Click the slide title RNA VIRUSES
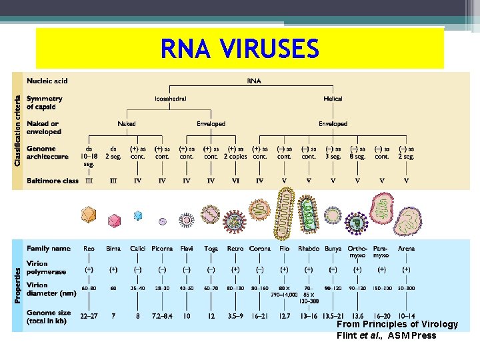240,49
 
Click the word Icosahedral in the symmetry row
171,99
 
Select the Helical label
333,99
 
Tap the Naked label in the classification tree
127,123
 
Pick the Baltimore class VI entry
235,180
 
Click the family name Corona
260,249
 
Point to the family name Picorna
162,249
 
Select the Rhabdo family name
309,249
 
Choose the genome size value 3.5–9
235,315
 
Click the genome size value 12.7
284,315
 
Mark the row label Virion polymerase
47,267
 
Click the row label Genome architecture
47,153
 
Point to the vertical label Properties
18,286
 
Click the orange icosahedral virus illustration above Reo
89,214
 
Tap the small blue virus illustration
138,215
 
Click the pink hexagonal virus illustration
114,219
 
